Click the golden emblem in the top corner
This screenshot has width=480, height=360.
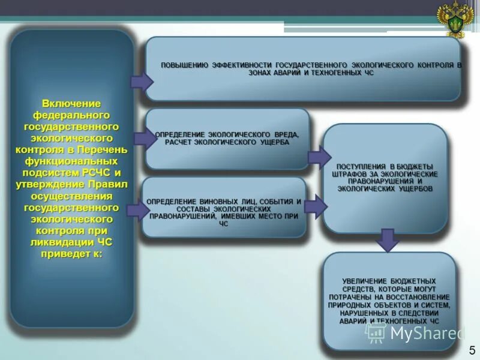pos(454,19)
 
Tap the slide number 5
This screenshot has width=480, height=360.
pos(472,350)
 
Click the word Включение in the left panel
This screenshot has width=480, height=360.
pos(71,103)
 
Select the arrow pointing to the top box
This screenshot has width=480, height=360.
pos(142,82)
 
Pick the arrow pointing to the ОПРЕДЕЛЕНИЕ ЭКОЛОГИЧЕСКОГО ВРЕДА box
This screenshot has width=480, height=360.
pos(144,139)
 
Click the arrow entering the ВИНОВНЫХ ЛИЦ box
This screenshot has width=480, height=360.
pos(138,209)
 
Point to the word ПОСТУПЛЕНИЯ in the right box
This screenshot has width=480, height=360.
pos(359,166)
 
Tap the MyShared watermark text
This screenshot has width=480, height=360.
pos(428,332)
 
